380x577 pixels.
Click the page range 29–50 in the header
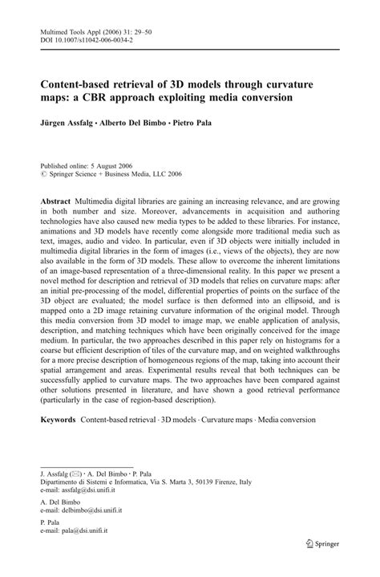click(156, 26)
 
